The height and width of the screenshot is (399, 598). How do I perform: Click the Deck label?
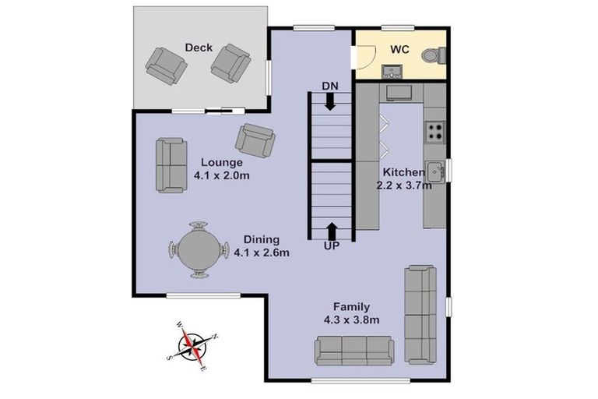point(199,48)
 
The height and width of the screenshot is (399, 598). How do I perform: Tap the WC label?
point(399,48)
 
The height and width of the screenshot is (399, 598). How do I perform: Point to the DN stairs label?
point(329,85)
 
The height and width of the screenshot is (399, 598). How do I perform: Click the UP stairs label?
point(332,245)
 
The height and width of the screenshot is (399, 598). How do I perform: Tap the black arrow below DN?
point(330,101)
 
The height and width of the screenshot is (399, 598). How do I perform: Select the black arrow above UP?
point(332,230)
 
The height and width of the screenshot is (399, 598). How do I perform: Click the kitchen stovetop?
point(434,132)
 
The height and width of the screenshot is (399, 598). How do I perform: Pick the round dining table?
point(196,250)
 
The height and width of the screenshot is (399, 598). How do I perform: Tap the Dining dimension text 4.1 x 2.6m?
point(262,252)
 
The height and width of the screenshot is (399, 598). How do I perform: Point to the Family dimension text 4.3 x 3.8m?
point(351,320)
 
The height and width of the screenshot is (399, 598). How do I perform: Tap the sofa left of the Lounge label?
point(171,165)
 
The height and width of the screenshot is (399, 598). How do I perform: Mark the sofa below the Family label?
point(354,350)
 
